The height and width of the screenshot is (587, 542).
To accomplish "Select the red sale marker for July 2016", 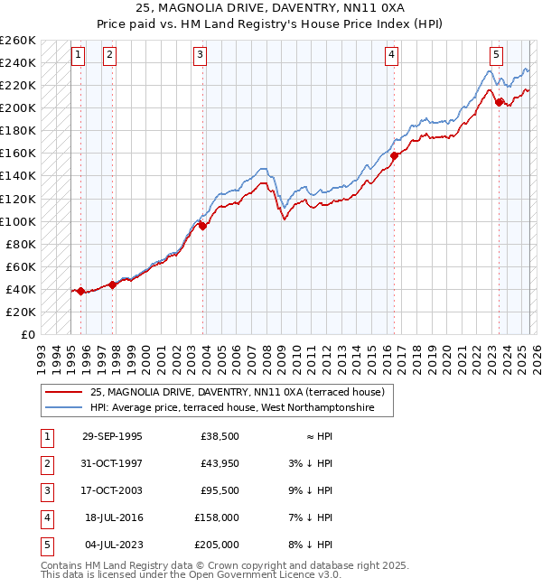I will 395,155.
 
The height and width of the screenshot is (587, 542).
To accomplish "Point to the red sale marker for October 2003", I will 202,227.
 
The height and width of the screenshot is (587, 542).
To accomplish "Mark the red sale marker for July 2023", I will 499,102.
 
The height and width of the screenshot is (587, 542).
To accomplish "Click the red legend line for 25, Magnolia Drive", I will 62,392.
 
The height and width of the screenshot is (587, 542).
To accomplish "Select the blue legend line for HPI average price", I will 62,408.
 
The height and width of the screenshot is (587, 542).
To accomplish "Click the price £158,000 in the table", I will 217,517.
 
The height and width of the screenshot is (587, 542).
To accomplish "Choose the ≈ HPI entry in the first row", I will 321,436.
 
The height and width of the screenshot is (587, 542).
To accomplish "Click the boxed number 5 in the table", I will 46,545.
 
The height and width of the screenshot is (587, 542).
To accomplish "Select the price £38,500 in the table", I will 220,436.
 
